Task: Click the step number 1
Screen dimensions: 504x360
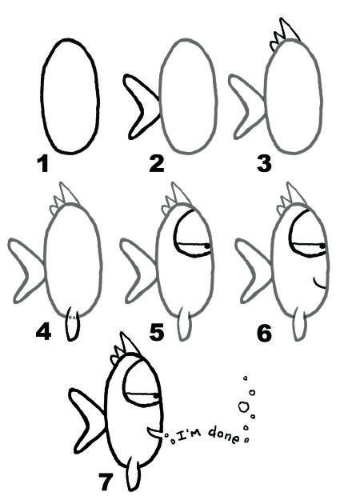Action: point(42,165)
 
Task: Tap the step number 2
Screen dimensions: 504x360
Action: point(157,165)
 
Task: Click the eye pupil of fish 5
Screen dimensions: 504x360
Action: point(206,243)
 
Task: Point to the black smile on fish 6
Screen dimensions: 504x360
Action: point(319,282)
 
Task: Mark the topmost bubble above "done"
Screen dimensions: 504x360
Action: point(245,378)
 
